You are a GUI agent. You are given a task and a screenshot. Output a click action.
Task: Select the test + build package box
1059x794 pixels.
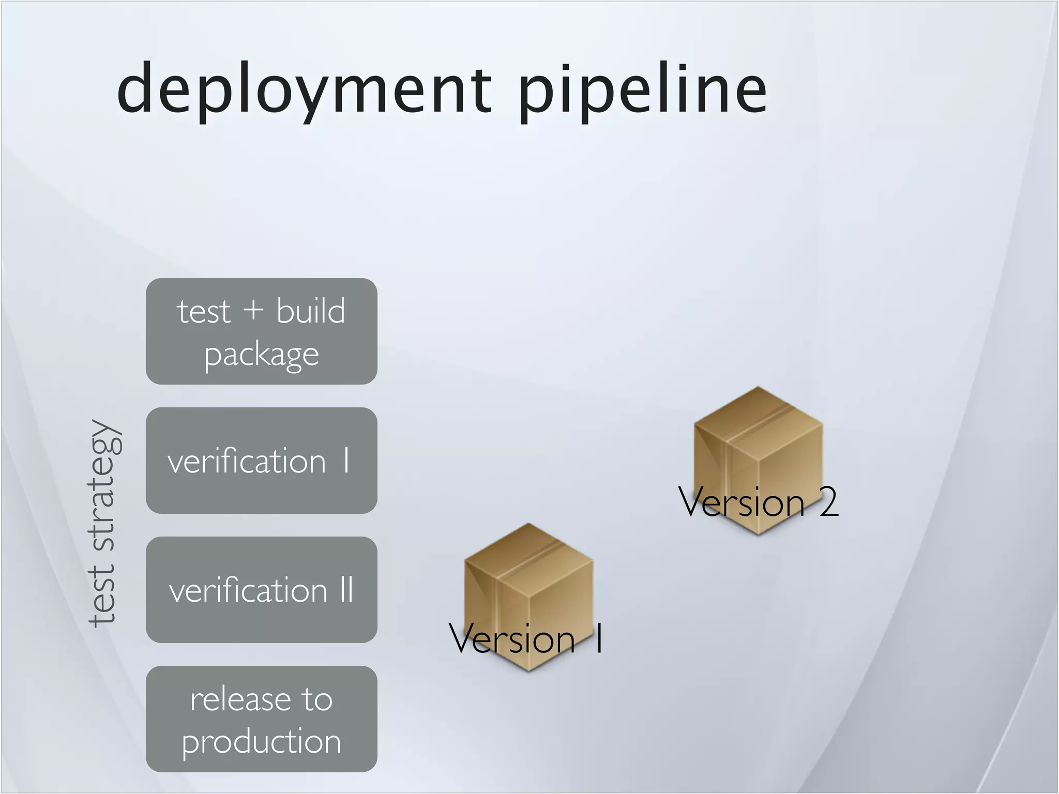(261, 331)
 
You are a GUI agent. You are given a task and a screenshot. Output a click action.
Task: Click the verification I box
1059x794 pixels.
(261, 460)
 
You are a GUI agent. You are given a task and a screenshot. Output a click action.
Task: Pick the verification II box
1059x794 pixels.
(261, 589)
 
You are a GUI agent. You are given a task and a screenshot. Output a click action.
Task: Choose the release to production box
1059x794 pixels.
(261, 719)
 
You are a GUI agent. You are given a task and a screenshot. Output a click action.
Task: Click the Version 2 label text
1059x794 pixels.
(758, 501)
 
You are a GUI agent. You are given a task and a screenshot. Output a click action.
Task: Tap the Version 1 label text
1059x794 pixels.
(525, 639)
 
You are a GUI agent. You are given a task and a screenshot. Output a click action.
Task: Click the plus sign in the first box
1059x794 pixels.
(253, 312)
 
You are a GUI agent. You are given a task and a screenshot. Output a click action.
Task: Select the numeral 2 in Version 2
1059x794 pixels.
(828, 502)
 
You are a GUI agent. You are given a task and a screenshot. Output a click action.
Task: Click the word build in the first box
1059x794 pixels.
(310, 311)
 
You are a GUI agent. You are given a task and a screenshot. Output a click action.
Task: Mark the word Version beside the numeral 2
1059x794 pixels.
(741, 501)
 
